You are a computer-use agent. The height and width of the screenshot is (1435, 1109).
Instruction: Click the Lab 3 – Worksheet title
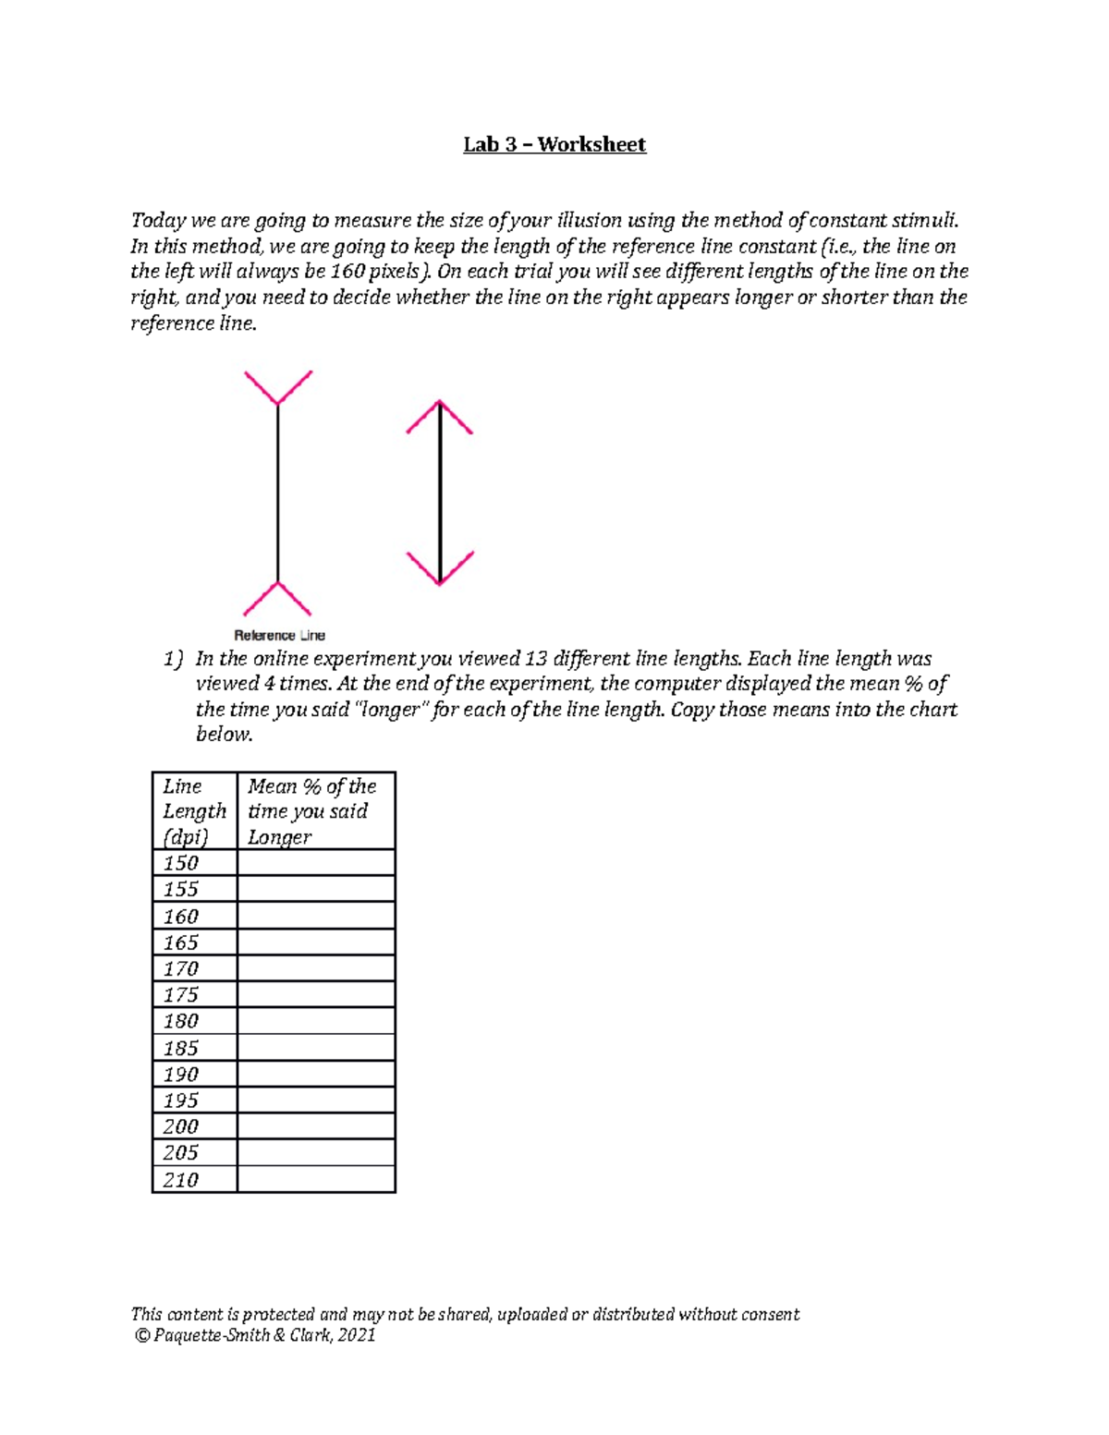pos(554,144)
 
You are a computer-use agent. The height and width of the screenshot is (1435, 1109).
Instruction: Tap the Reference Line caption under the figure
pos(279,636)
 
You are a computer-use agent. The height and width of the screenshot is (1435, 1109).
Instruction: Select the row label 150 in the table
pos(181,863)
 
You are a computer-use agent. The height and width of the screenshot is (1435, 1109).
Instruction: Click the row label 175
pos(181,994)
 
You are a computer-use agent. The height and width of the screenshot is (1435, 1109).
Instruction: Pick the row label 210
pos(181,1179)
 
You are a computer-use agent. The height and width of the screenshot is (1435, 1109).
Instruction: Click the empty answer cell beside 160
pos(316,916)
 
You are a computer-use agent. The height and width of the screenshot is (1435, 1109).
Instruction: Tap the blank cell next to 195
pos(316,1100)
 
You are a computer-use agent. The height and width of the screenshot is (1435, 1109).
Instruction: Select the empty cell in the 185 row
pos(316,1047)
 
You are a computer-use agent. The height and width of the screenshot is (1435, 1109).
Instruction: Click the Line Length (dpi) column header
pos(194,810)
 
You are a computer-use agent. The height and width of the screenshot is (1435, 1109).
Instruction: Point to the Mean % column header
pos(311,810)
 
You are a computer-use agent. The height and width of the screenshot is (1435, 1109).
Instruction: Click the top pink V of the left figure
pos(277,388)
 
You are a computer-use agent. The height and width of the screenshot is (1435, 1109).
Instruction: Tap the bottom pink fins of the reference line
pos(277,599)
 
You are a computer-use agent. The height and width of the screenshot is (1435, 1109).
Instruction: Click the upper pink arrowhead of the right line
pos(440,417)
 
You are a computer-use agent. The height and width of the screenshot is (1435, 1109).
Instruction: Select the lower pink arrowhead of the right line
pos(440,568)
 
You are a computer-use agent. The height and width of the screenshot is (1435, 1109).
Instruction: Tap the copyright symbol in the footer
pos(141,1335)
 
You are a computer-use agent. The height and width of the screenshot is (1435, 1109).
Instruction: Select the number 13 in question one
pos(535,659)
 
